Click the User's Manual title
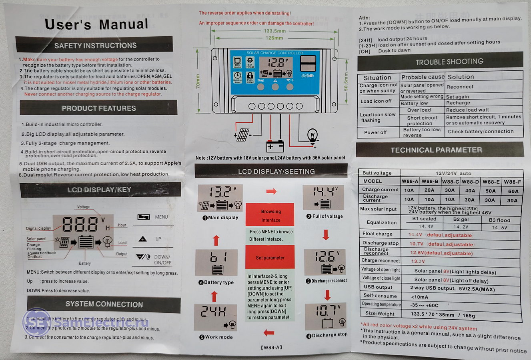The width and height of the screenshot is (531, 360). (96, 24)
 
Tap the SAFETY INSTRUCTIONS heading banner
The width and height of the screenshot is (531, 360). (95, 46)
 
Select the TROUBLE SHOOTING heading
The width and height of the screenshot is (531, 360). (449, 62)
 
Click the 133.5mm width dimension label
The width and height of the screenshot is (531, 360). (275, 31)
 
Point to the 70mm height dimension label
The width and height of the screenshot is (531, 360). (198, 82)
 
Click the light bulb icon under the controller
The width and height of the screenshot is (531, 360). (312, 136)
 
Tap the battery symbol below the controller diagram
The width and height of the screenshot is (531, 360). (275, 146)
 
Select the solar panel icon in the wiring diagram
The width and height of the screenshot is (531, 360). (242, 135)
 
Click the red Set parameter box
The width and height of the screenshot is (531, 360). (270, 258)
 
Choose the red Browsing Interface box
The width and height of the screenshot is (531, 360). (271, 216)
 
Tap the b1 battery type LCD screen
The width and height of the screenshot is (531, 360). (216, 263)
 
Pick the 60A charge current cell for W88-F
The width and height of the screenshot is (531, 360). (513, 191)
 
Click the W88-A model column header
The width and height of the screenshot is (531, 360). (409, 181)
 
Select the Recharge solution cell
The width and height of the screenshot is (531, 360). (458, 103)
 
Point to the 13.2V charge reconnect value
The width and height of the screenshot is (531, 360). (418, 261)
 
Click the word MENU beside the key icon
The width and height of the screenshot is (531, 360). (161, 217)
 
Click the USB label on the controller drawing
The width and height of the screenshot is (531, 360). (307, 76)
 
